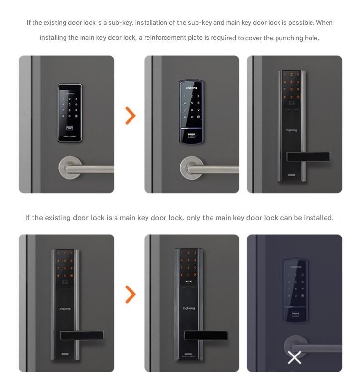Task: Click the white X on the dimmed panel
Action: [x=295, y=358]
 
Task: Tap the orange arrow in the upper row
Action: [x=130, y=116]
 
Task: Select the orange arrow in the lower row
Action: [x=130, y=294]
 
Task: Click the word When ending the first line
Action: [x=324, y=23]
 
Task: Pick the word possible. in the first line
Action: [x=301, y=23]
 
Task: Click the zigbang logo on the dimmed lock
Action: [x=295, y=267]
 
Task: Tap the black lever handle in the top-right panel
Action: [x=308, y=157]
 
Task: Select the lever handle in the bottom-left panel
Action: [x=82, y=335]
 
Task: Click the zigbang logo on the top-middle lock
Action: [x=192, y=88]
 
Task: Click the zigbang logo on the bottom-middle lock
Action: [x=189, y=308]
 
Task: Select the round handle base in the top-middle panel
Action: [x=191, y=168]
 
